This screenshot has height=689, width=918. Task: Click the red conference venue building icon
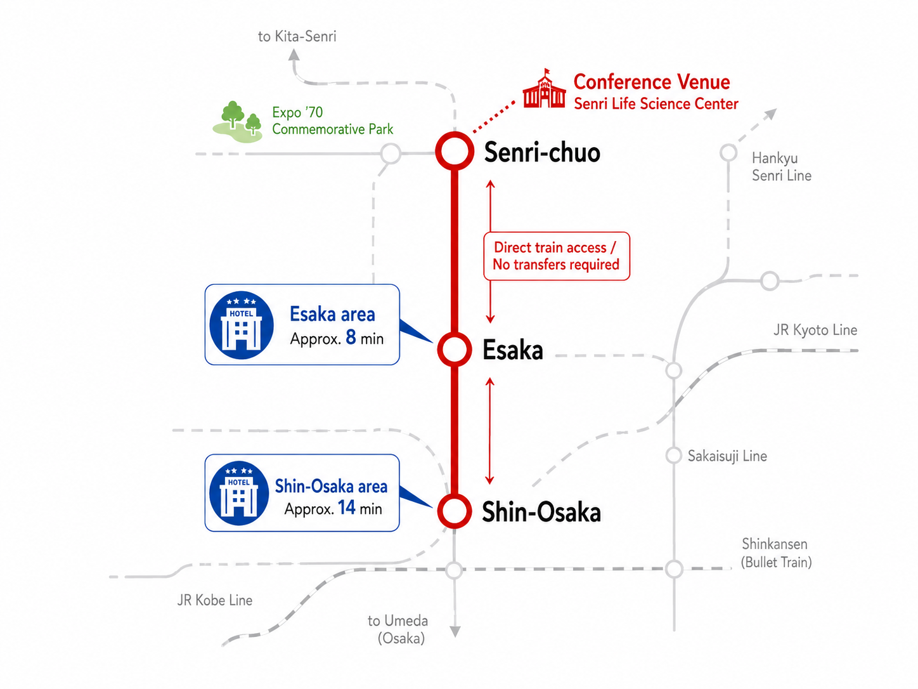click(x=544, y=89)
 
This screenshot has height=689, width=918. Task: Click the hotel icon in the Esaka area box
click(x=242, y=325)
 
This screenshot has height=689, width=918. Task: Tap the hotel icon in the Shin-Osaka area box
click(x=239, y=494)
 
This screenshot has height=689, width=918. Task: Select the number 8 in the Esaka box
click(x=351, y=337)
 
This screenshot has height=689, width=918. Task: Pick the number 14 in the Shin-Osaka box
click(x=347, y=507)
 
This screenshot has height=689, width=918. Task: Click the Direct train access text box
click(x=557, y=256)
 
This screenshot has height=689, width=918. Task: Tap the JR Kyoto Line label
click(x=815, y=330)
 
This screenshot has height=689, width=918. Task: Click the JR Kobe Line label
click(x=215, y=600)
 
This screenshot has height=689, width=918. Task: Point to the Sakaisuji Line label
click(x=727, y=456)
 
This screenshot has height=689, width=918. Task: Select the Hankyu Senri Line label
click(x=781, y=166)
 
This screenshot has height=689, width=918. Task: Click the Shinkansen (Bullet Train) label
click(x=776, y=553)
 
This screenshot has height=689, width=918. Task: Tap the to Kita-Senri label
click(x=297, y=36)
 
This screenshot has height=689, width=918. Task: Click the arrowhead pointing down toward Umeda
click(x=455, y=632)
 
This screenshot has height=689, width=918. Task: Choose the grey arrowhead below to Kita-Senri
click(x=294, y=55)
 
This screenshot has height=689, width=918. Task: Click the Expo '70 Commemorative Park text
click(x=332, y=121)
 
